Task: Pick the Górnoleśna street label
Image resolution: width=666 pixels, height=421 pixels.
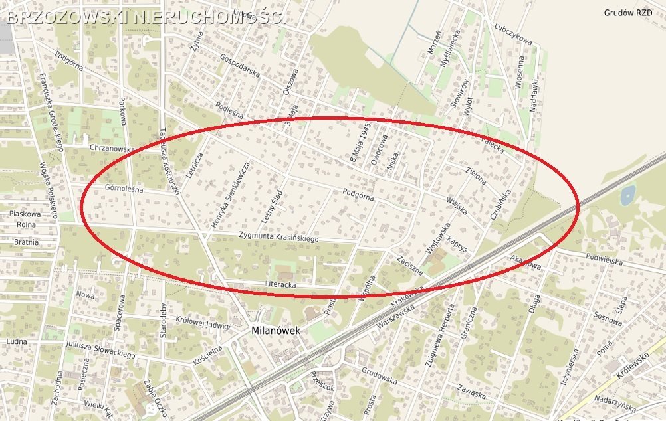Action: (124, 189)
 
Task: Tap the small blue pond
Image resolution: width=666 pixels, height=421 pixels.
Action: (626, 194)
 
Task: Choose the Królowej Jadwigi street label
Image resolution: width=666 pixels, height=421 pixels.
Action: (203, 321)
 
